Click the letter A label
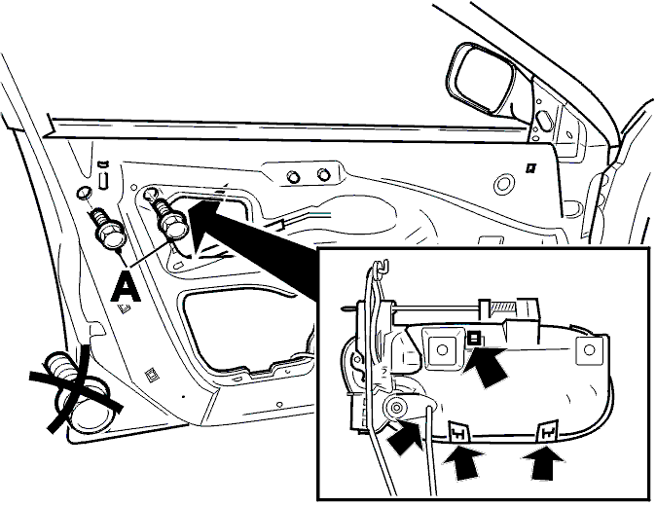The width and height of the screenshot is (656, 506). click(x=126, y=287)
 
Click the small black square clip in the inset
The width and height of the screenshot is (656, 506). click(x=473, y=337)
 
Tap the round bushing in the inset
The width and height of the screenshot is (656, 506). click(x=396, y=406)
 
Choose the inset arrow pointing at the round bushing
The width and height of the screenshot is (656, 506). click(x=405, y=437)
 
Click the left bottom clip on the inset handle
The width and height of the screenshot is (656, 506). click(x=459, y=432)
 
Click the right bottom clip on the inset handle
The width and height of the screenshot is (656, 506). click(x=548, y=431)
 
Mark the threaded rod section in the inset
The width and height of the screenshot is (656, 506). click(x=503, y=308)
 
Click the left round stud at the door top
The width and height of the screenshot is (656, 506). click(x=294, y=176)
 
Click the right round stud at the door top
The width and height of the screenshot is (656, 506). click(x=322, y=173)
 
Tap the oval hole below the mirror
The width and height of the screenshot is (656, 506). click(x=543, y=120)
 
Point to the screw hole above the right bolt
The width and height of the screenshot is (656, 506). click(x=150, y=194)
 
